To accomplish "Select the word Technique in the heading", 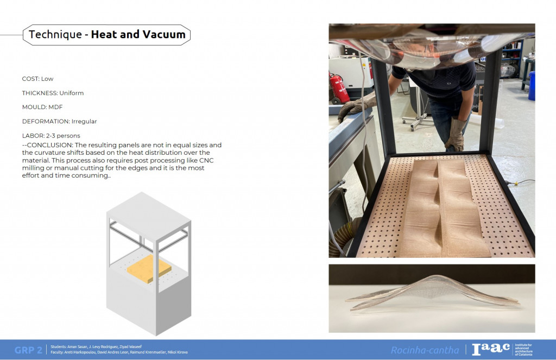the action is pos(55,34).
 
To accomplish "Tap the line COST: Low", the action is pos(37,79).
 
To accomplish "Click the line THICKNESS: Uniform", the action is pos(53,93).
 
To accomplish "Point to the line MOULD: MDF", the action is pos(42,107).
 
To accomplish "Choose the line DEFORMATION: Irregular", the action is pos(59,121).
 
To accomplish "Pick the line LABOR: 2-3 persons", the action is pos(51,136).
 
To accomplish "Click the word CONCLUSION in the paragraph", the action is pos(49,145).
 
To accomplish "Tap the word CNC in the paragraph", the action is pos(206,160).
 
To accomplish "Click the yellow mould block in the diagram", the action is pos(149,268).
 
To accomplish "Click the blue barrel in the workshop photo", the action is pos(532,85).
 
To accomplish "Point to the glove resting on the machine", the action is pos(352,108).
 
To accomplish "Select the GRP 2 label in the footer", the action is pos(28,350).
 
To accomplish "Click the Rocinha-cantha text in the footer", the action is pos(425,350).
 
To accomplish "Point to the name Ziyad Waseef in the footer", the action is pos(131,347).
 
